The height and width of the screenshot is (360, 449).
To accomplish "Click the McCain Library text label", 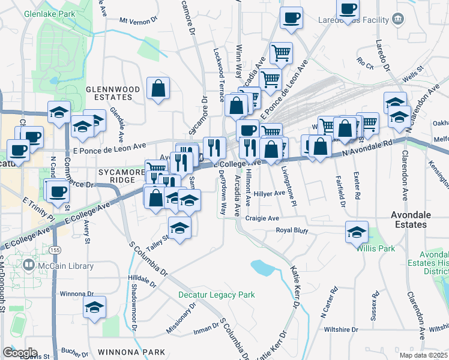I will point(66,266).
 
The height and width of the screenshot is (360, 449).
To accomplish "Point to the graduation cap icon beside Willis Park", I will point(357,231).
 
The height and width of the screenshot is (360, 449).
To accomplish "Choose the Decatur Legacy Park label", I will point(217,295).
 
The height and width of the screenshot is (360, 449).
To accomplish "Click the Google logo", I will point(20,353).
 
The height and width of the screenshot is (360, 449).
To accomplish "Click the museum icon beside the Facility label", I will point(397,20).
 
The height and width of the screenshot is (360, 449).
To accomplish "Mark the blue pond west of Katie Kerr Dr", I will point(262,267).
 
